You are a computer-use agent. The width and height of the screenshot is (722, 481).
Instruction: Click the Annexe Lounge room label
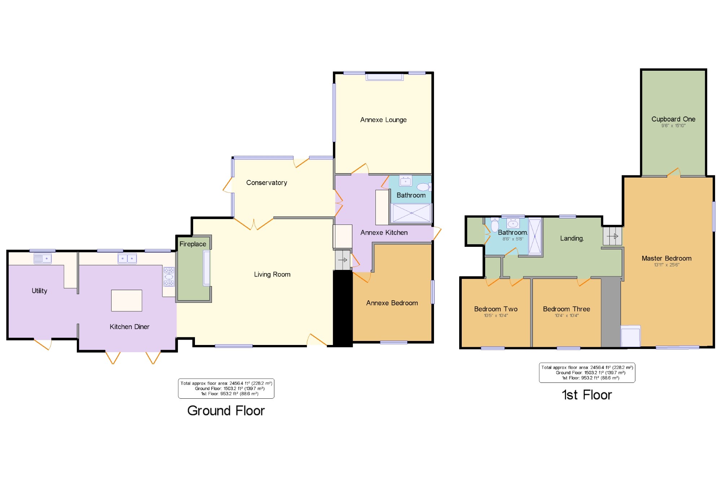(383, 120)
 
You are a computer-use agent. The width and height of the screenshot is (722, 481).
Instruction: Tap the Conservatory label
(266, 183)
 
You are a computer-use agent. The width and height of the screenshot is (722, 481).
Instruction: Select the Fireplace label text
(193, 244)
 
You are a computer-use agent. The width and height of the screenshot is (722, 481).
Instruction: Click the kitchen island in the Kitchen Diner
(126, 300)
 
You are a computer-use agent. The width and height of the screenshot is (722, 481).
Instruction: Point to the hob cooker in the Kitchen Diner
(169, 277)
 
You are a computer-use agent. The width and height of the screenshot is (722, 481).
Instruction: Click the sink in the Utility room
(42, 258)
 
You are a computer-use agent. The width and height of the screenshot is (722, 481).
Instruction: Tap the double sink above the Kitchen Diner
(127, 258)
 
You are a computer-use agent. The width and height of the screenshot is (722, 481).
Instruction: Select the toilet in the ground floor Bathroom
(423, 187)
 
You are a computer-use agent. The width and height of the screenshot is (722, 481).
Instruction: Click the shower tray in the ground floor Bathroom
(411, 213)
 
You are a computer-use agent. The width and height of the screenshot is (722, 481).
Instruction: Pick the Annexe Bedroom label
(392, 303)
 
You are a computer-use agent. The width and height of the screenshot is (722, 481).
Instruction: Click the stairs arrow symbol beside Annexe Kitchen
(343, 260)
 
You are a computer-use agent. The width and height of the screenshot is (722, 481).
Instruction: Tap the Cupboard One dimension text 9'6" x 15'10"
(673, 126)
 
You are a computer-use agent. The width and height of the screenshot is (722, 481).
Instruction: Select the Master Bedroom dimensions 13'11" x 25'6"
(666, 265)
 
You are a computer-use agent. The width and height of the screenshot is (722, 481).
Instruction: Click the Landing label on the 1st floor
(572, 238)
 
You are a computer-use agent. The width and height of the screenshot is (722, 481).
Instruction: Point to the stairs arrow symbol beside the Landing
(613, 236)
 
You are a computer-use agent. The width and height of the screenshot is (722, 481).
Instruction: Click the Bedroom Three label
(566, 309)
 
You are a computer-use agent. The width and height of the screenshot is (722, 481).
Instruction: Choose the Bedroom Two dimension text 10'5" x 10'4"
(496, 316)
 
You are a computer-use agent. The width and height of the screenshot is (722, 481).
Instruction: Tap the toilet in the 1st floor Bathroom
(495, 225)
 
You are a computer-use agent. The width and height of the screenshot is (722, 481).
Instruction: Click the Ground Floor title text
(226, 411)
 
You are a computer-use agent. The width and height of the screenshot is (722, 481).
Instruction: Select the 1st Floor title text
(587, 395)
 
